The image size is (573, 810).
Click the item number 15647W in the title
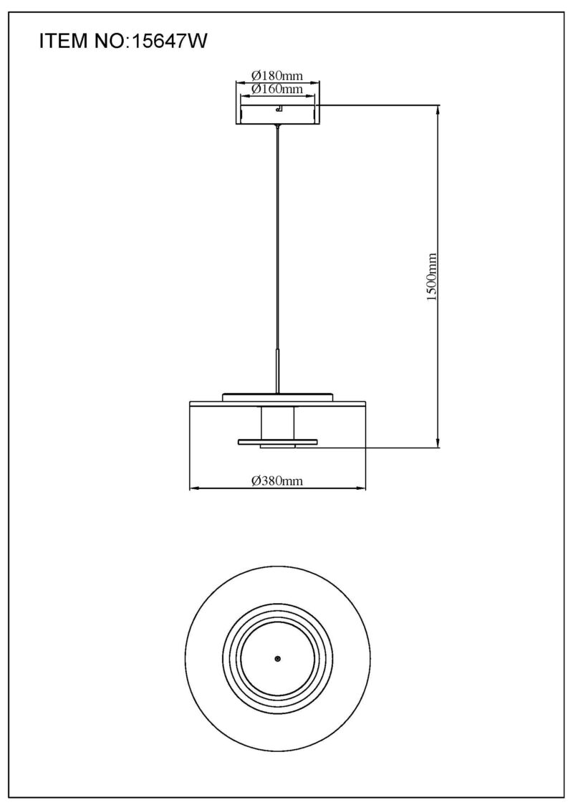click(170, 41)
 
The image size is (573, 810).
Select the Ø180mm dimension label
click(277, 75)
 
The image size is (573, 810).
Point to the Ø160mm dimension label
click(277, 89)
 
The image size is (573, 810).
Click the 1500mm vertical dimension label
click(433, 277)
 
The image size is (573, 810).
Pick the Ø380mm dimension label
click(277, 481)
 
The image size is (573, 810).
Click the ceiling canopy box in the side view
click(277, 115)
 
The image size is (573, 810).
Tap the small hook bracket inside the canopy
click(279, 108)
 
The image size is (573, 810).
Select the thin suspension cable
click(278, 238)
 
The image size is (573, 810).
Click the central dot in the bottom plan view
click(277, 659)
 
